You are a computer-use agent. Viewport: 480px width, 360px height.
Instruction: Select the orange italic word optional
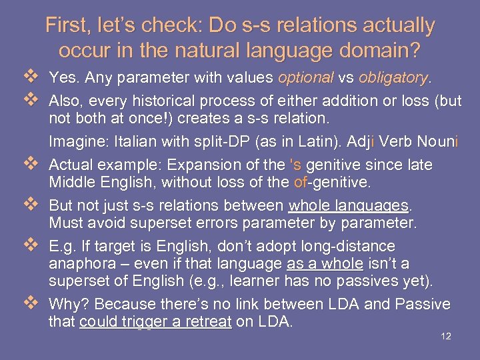coord(305,78)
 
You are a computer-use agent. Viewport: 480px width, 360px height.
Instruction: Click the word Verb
coord(391,141)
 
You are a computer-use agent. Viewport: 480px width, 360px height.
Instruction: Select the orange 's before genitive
coord(297,165)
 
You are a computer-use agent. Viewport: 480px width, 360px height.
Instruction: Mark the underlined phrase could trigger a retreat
coord(155,323)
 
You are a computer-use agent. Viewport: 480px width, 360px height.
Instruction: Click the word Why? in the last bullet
coord(69,305)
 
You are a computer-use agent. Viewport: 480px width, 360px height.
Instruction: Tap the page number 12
coord(446,336)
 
